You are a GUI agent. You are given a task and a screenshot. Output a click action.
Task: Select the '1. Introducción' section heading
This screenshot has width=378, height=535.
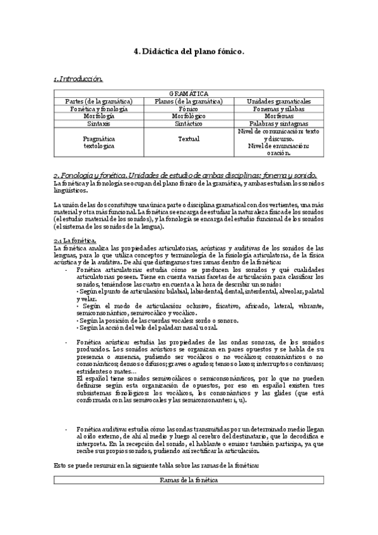78,79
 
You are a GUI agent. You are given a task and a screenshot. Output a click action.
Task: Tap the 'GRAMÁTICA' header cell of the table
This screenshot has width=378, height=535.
189,93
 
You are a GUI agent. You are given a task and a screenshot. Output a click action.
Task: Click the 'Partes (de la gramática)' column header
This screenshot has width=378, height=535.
99,101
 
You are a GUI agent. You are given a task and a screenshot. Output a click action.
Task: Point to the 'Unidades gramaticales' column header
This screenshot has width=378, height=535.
278,101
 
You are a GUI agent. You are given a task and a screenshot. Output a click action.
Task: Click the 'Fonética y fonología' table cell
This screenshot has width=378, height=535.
99,109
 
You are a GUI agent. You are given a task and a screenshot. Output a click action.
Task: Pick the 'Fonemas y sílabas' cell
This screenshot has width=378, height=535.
278,109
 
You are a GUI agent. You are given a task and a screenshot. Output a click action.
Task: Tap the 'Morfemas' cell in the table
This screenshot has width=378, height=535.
278,116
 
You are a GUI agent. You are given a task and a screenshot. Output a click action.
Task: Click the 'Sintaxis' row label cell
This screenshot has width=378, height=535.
99,124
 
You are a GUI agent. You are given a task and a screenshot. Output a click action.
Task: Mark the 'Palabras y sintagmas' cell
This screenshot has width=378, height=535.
278,124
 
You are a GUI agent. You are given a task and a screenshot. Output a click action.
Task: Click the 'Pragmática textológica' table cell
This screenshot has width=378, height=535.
99,141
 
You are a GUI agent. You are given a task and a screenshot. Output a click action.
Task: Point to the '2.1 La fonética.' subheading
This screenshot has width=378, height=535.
75,241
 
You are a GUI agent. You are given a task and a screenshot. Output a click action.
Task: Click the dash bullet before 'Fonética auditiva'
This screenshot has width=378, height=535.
68,428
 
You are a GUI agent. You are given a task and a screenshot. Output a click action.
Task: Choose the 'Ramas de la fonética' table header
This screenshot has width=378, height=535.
189,480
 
